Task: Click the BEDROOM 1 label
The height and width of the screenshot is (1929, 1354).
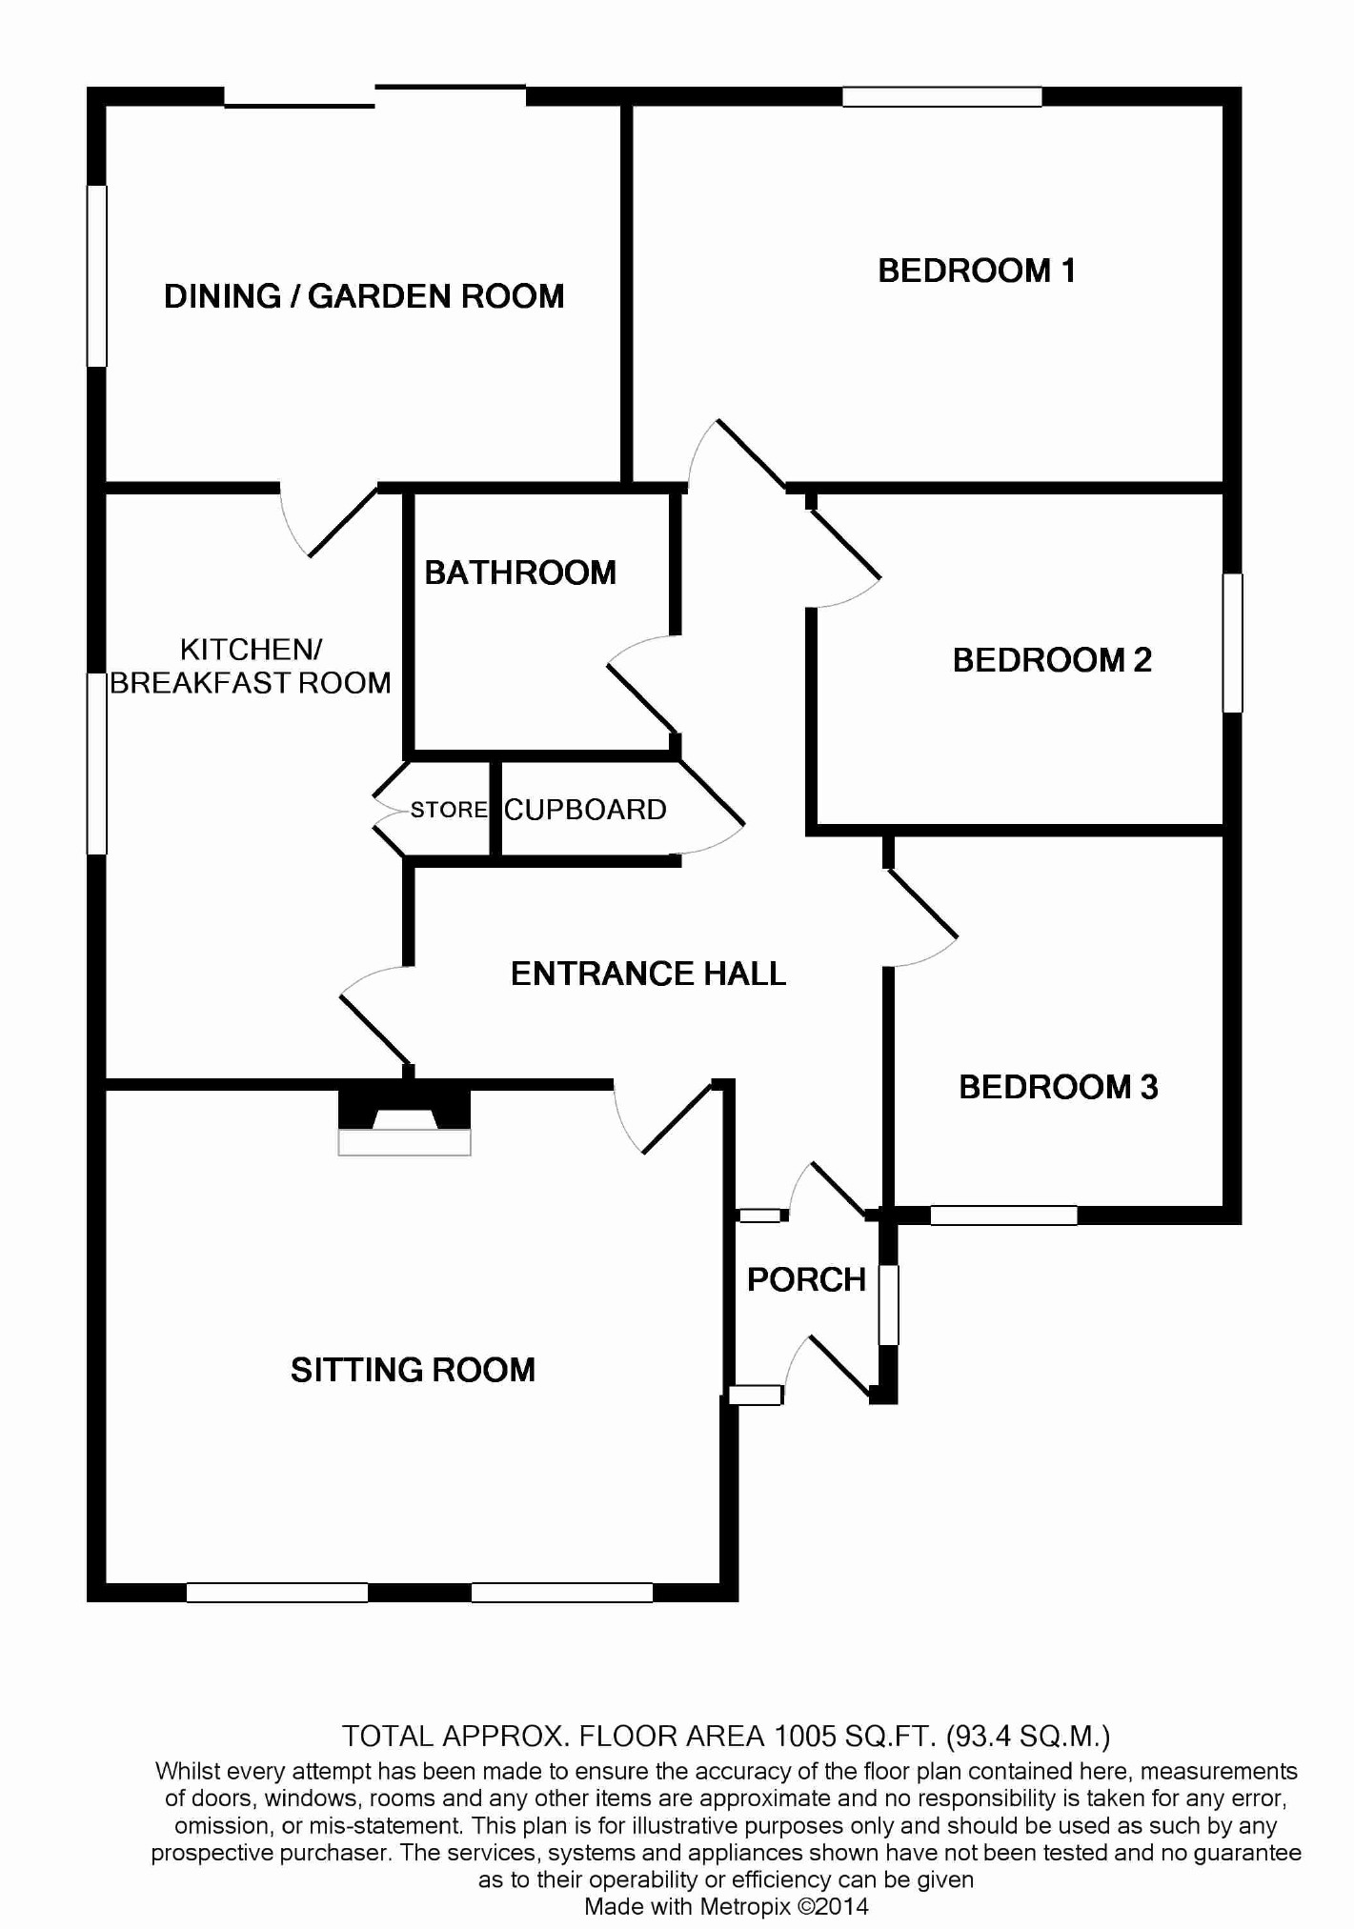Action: pos(976,271)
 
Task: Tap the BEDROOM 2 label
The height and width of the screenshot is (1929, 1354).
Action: pos(1051,660)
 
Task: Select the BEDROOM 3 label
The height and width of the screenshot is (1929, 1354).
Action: pos(1058,1087)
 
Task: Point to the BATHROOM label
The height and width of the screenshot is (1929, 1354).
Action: pos(520,573)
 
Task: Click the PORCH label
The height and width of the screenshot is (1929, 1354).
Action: pos(806,1279)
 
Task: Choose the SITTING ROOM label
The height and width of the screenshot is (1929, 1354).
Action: pos(413,1370)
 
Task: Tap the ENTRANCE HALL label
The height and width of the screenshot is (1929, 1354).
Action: pos(648,974)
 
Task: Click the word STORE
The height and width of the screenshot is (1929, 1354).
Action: pos(449,810)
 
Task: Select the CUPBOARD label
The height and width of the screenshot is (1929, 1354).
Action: pos(585,810)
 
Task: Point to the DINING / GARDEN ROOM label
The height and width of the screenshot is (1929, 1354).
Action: pos(364,296)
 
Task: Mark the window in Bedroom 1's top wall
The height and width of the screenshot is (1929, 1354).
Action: pos(941,96)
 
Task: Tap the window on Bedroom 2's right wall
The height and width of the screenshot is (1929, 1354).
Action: pos(1232,643)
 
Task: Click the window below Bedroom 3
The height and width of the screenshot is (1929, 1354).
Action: pos(1003,1216)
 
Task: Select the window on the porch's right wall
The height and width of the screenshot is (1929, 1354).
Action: pos(888,1304)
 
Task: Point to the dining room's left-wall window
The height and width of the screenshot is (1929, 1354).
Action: pos(96,275)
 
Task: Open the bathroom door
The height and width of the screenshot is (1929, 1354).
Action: pos(641,691)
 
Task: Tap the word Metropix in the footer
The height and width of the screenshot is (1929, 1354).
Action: pos(744,1906)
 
